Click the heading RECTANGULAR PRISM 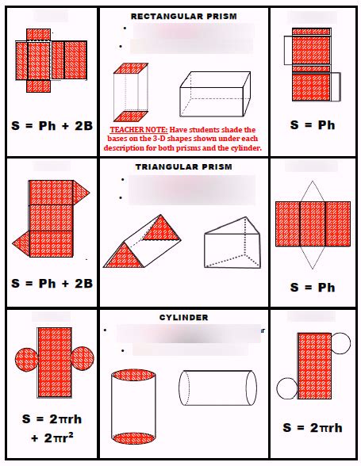click(x=183, y=16)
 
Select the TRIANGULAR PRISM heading click(x=183, y=167)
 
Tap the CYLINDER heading click(x=183, y=317)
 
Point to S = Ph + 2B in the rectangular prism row click(x=52, y=125)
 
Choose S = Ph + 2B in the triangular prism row click(x=52, y=283)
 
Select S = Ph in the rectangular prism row click(x=313, y=125)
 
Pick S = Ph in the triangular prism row click(x=313, y=287)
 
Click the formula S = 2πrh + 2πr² click(x=52, y=426)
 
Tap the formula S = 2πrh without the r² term click(x=313, y=427)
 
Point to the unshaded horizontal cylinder click(x=217, y=388)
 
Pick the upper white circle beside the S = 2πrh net click(x=340, y=342)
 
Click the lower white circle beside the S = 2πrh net click(x=286, y=388)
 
